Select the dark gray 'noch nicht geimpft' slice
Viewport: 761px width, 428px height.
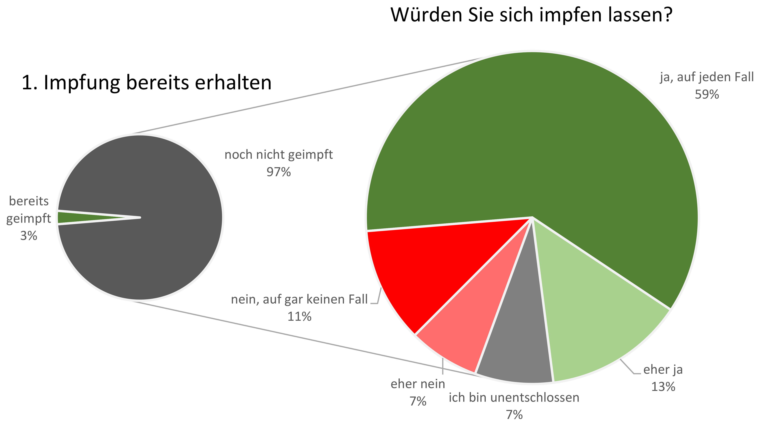[x=154, y=177]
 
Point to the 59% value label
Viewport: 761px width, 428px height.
[x=707, y=95]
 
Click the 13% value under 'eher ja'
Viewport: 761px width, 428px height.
[x=663, y=387]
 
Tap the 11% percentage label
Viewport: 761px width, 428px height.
[x=299, y=317]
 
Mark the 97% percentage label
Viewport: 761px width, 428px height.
[x=279, y=172]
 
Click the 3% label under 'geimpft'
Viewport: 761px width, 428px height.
[x=29, y=236]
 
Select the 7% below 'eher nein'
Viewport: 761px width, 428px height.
[x=418, y=401]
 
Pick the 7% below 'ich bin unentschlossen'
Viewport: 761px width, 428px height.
[x=514, y=415]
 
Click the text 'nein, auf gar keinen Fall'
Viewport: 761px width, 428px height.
[x=299, y=300]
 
